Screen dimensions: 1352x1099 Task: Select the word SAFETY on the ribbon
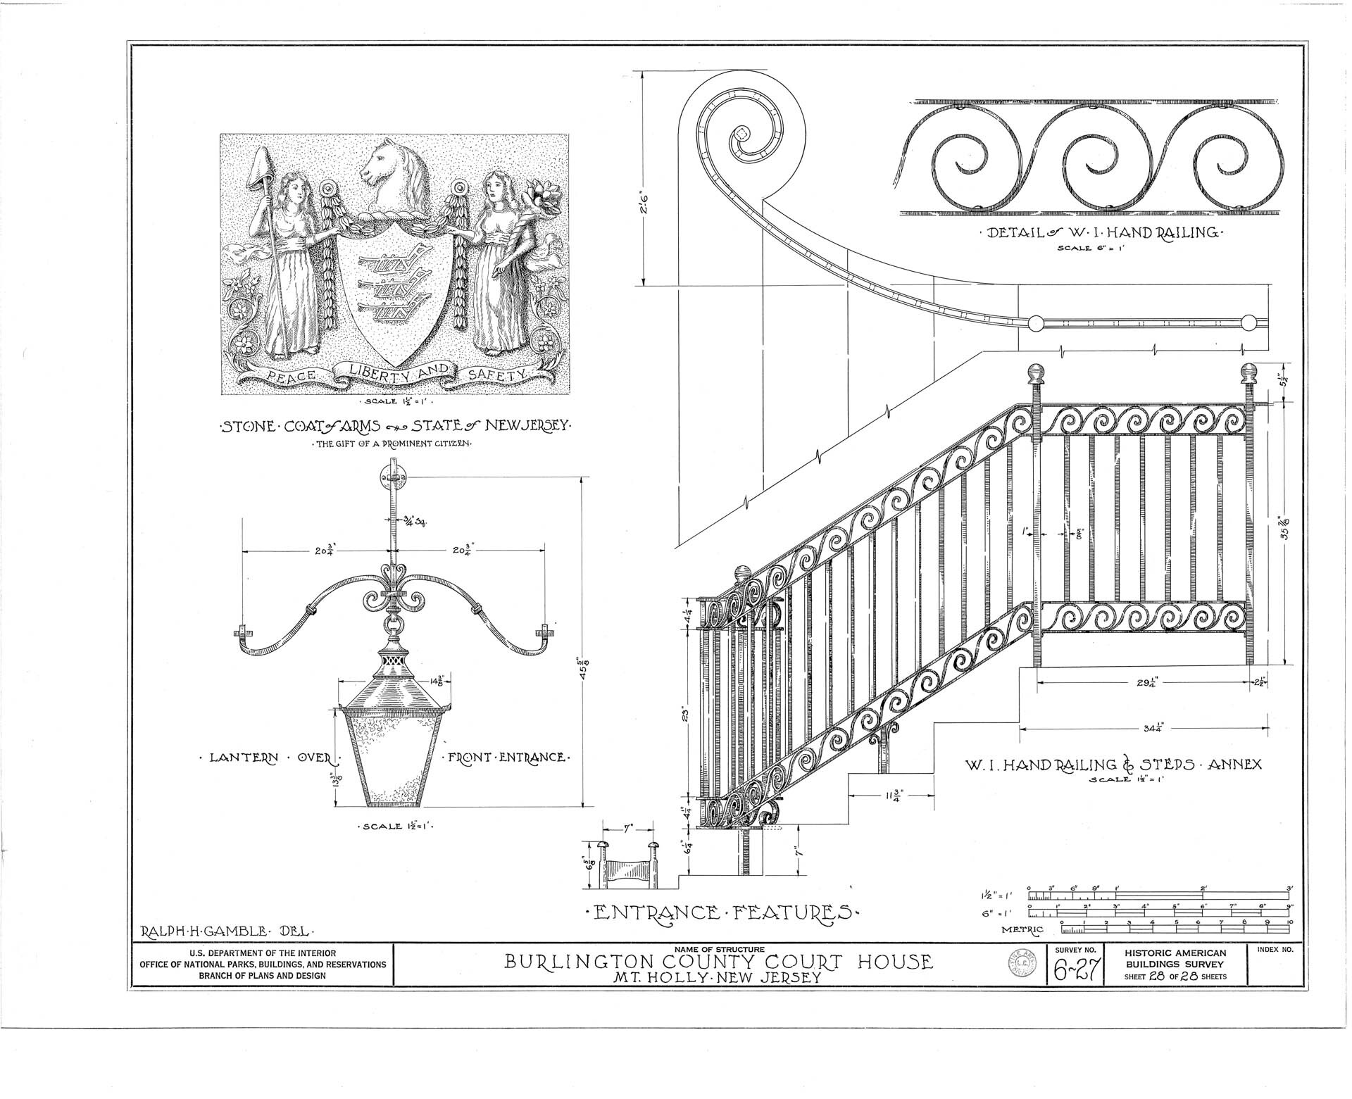497,375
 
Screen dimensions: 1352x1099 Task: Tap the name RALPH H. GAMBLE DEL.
227,931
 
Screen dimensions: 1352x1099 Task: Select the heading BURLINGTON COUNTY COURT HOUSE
718,962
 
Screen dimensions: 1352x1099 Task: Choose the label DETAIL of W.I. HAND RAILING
1098,233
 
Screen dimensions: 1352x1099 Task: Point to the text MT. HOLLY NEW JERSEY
719,978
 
